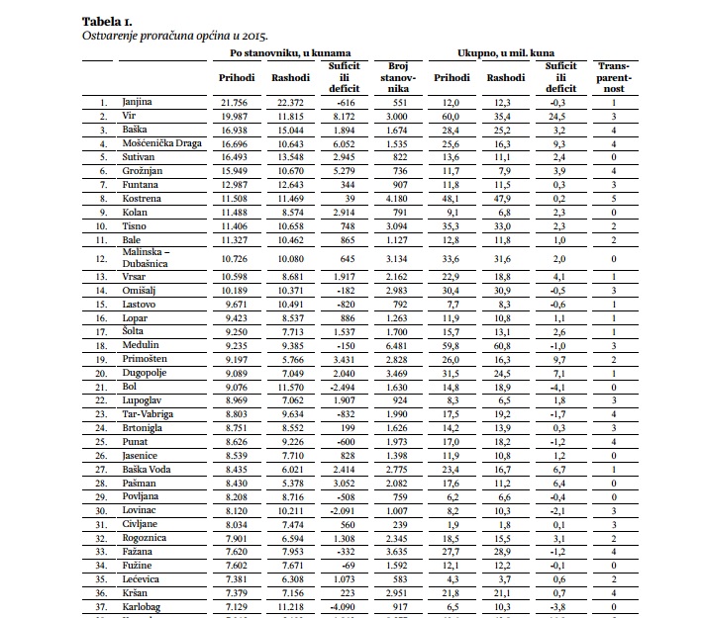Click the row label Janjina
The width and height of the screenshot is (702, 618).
tap(137, 102)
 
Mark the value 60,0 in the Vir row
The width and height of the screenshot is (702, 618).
tap(451, 116)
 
